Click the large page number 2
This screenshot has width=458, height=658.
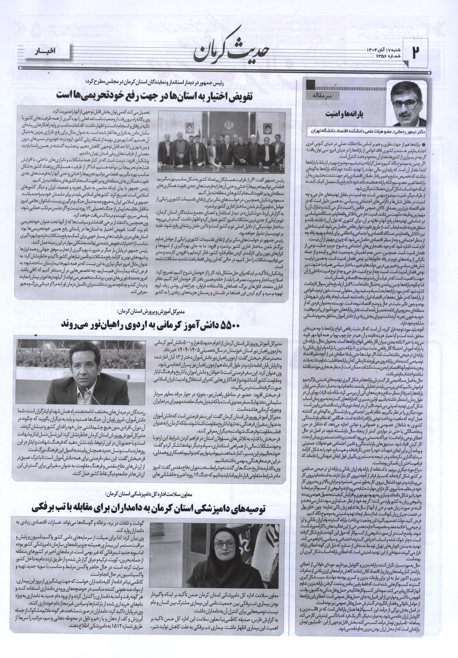tap(415, 52)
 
